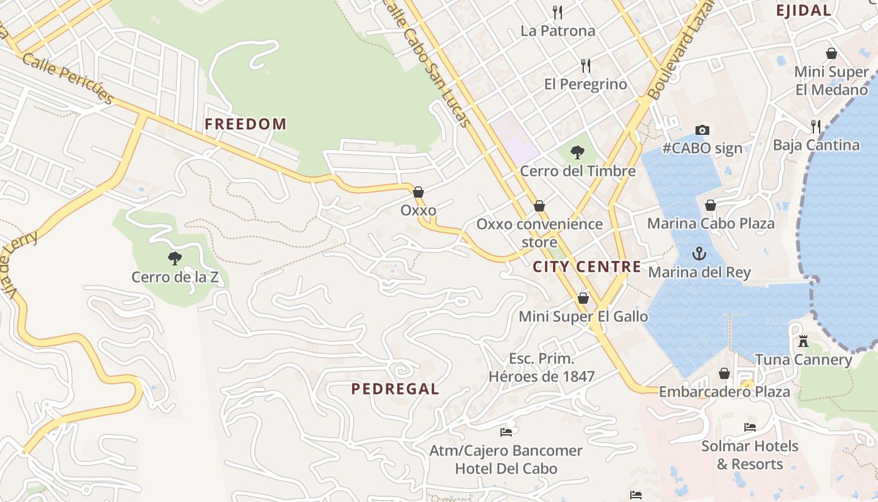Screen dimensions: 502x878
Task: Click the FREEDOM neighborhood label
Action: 245,124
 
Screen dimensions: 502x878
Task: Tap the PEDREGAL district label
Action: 395,389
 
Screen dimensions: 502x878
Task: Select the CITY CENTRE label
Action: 587,267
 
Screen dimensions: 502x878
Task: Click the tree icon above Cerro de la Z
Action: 175,258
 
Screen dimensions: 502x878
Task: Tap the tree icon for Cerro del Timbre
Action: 578,152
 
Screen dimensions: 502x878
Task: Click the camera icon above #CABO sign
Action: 702,131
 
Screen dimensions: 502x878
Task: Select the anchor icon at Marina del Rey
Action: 699,254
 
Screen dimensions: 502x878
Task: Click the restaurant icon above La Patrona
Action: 557,12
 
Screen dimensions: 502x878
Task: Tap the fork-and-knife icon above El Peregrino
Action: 586,66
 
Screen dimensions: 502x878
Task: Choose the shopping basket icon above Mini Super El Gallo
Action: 583,298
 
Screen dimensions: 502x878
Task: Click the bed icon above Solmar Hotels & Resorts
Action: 749,427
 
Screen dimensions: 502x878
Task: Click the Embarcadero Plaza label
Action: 724,392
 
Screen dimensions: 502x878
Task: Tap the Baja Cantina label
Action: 816,146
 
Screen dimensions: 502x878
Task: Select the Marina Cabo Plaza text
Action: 711,224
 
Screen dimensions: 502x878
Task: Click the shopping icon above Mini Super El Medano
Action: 832,53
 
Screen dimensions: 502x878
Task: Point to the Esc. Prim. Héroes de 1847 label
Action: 542,368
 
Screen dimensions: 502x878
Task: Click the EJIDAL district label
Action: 803,10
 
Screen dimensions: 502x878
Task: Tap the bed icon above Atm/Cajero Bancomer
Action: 506,432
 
